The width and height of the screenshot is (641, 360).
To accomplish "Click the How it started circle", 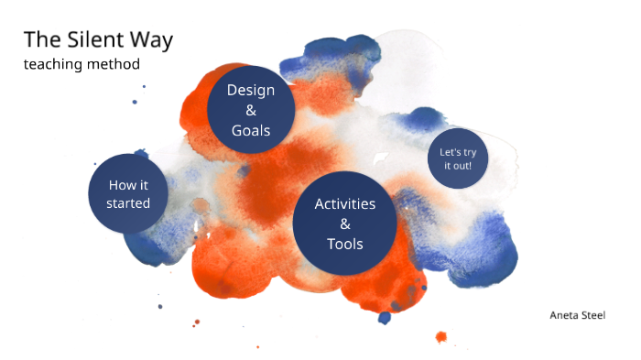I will [x=128, y=194].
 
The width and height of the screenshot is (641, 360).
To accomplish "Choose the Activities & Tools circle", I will [x=345, y=224].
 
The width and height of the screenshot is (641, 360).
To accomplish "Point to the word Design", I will [x=251, y=90].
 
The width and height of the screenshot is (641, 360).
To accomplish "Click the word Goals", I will [x=251, y=130].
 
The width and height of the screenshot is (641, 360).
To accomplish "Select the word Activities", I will [x=345, y=203].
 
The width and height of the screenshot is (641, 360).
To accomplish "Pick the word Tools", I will [x=345, y=244].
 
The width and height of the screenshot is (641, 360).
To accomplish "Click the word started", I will [x=128, y=203].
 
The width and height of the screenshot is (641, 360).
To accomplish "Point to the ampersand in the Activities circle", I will [x=345, y=224].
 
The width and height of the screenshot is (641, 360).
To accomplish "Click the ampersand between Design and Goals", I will [x=251, y=110].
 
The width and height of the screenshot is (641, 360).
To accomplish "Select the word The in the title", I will [x=42, y=40].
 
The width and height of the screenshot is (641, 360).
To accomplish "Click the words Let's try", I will [x=457, y=152].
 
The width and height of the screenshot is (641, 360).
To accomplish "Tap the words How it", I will [x=128, y=185].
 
